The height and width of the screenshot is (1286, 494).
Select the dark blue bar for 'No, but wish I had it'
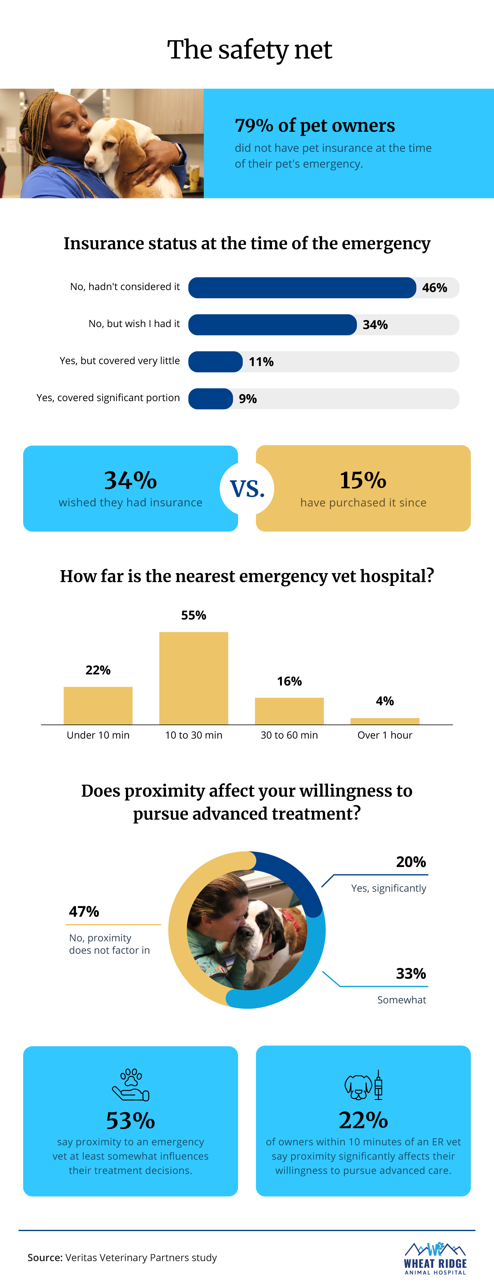(x=272, y=325)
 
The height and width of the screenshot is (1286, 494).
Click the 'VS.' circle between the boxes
(x=247, y=488)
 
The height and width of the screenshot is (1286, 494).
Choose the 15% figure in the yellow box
(x=363, y=480)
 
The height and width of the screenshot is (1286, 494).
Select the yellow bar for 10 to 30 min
(x=194, y=678)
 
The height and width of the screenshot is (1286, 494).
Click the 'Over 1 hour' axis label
(x=385, y=735)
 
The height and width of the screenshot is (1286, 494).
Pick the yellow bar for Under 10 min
(x=98, y=705)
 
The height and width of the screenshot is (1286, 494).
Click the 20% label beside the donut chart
(x=411, y=862)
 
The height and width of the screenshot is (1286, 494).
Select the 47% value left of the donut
(x=84, y=911)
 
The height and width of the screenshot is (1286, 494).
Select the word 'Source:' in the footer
(x=45, y=1258)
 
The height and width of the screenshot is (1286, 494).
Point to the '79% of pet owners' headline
(x=315, y=125)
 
